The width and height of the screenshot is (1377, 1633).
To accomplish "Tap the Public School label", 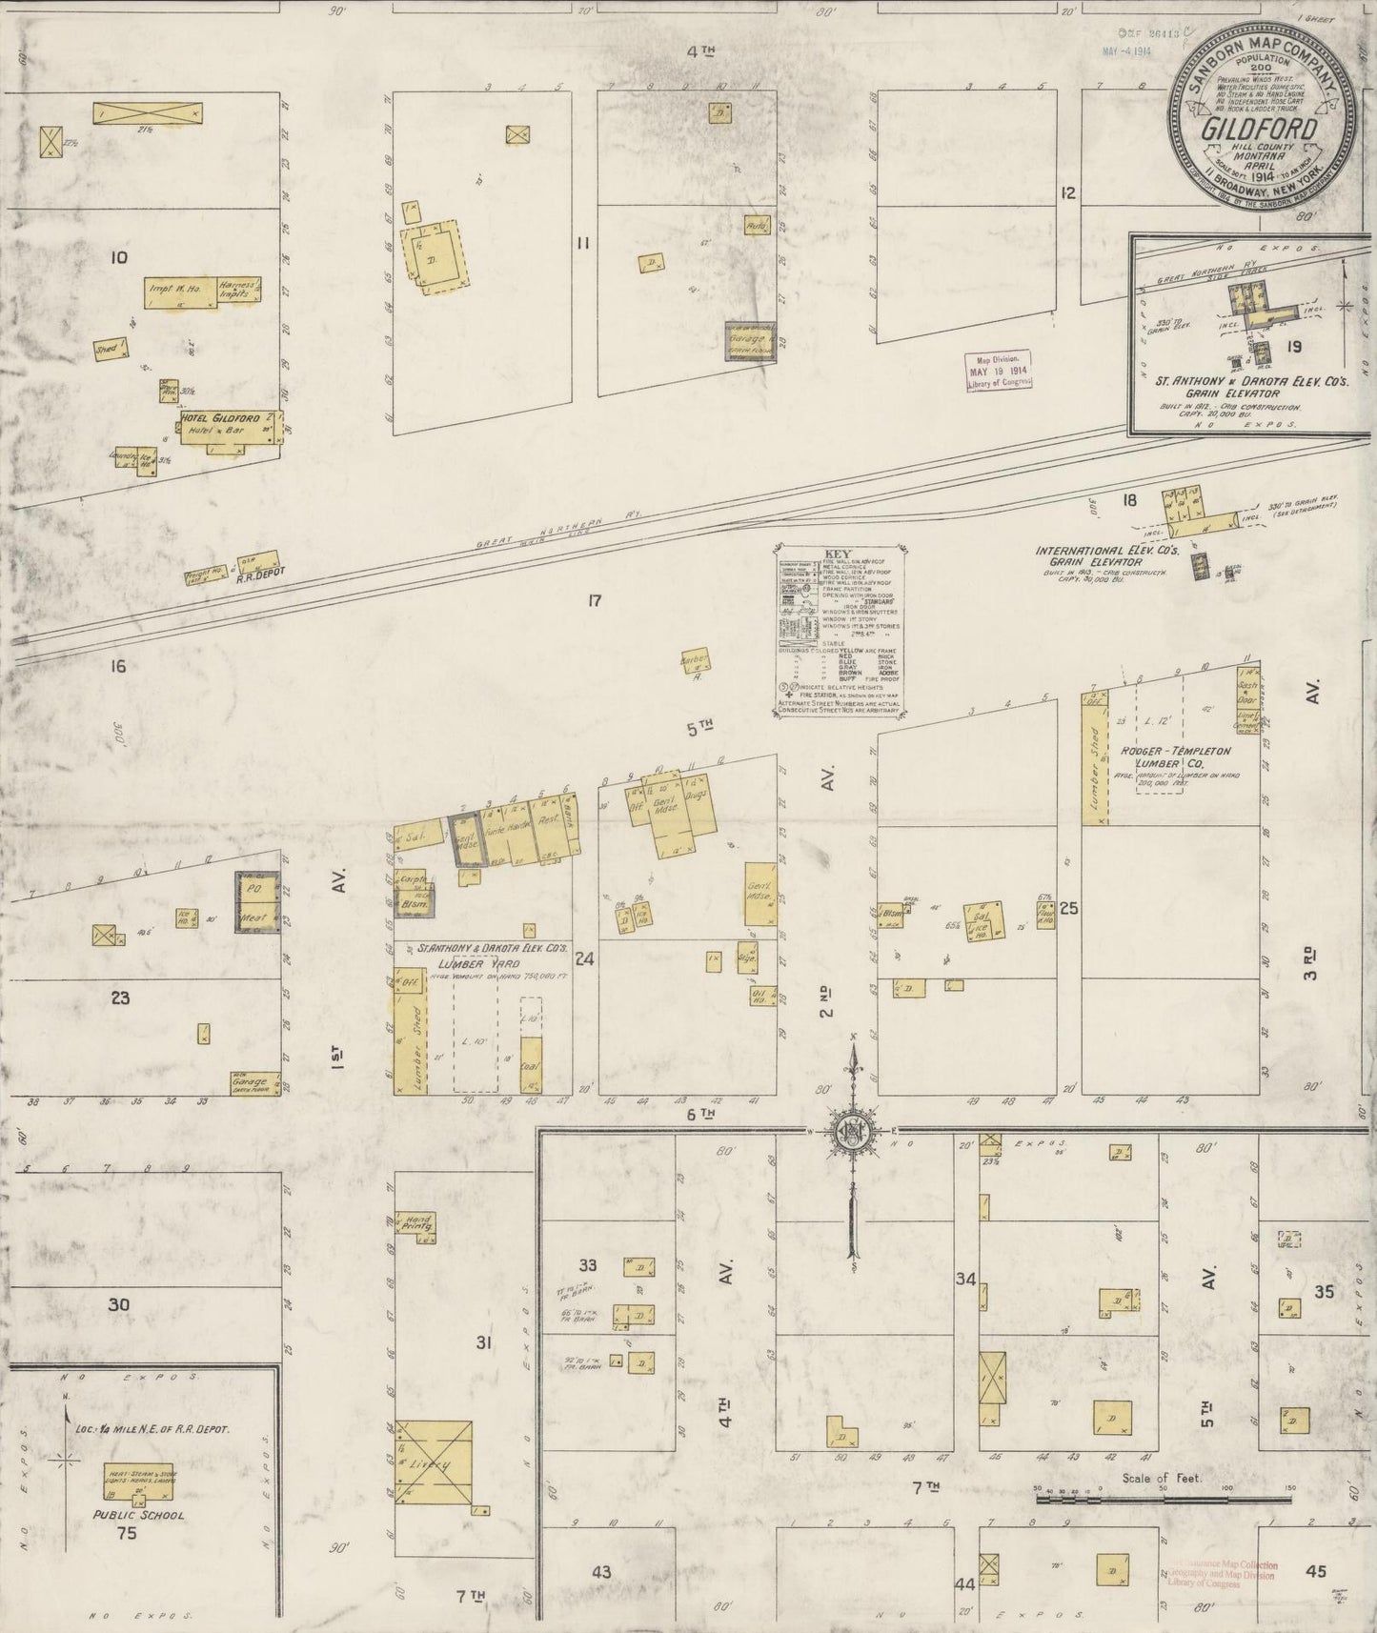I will click(138, 1514).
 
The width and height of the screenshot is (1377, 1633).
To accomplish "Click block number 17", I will click(596, 600).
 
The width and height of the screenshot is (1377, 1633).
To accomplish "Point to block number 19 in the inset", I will click(1293, 346).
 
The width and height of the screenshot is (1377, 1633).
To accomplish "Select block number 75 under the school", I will click(127, 1533).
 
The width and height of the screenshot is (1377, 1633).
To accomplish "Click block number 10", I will click(119, 257).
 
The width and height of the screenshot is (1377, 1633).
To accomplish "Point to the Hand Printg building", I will click(418, 1224).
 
